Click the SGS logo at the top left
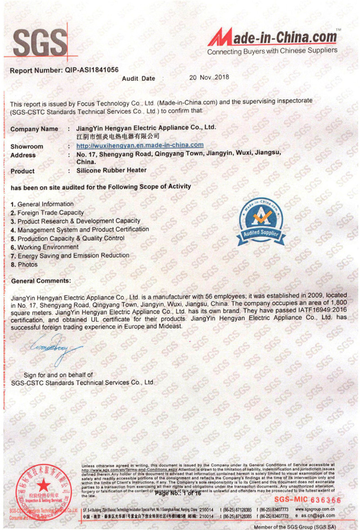tap(40, 43)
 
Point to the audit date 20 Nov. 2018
tap(209, 77)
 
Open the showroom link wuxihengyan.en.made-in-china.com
tap(140, 145)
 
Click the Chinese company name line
tap(118, 136)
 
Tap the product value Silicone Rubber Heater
tap(111, 171)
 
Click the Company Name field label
tap(34, 129)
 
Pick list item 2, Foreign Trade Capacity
tap(47, 213)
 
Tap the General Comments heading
tap(41, 281)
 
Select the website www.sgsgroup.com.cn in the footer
tap(315, 509)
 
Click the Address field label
tap(23, 155)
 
